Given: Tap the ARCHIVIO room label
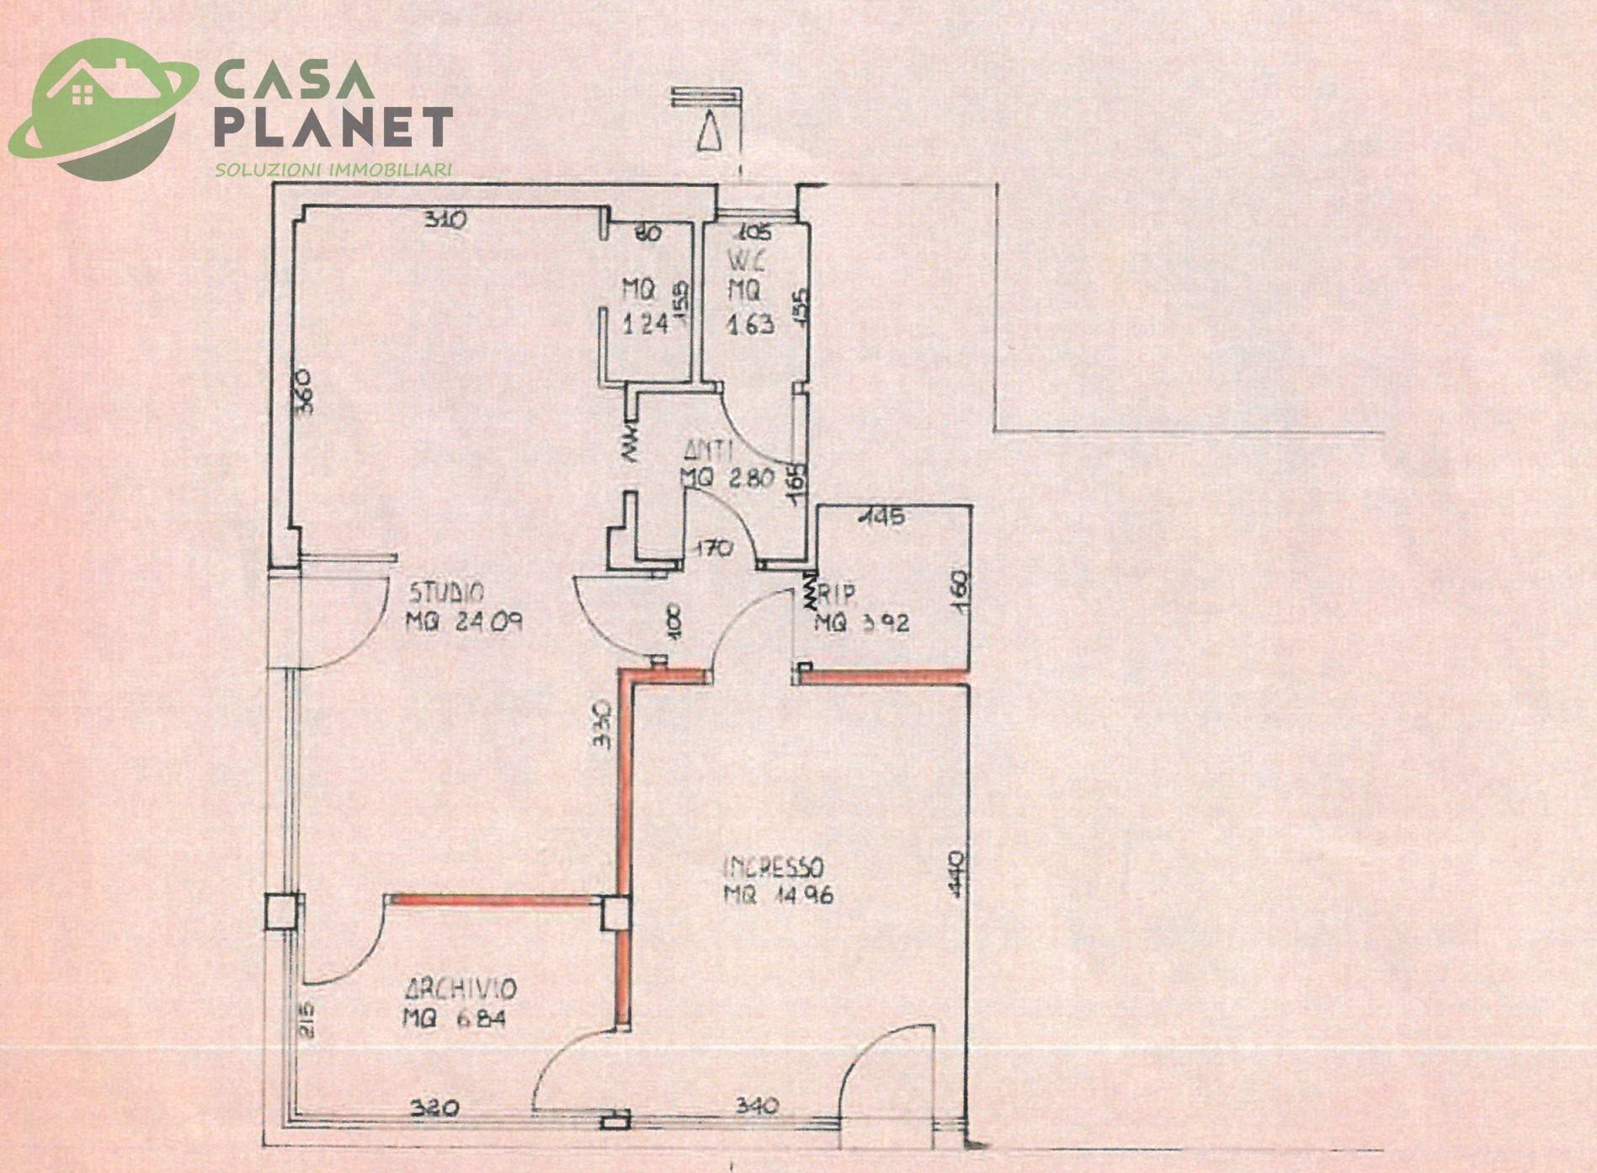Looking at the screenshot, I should point(459,988).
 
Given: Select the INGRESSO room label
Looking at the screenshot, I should point(774,866).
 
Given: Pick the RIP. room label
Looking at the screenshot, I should point(837,595).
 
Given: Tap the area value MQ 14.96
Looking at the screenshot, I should point(778,895).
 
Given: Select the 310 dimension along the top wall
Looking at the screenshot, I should point(445,221).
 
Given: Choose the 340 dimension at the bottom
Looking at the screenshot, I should point(756,1104).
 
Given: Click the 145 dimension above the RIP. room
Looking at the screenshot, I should point(881,515).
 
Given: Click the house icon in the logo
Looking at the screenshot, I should point(83,95).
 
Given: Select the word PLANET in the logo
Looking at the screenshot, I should point(333,129).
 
